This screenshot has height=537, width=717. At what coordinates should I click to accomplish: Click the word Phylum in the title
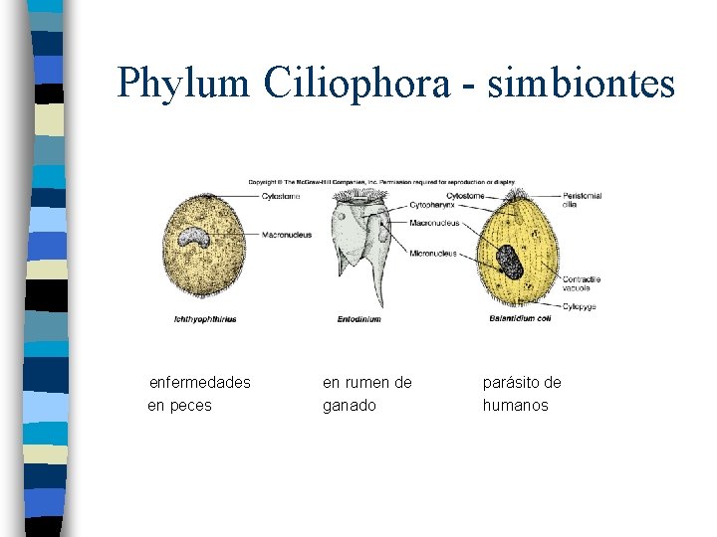181,83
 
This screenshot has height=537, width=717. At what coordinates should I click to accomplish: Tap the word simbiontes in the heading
582,83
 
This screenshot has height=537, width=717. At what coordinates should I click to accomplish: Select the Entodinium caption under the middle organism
358,319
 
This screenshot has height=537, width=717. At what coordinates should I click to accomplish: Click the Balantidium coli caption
520,319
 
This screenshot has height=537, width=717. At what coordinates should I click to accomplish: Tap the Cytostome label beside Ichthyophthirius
280,196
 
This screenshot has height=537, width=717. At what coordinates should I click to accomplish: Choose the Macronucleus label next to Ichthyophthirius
286,235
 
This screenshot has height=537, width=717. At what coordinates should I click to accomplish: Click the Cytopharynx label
434,206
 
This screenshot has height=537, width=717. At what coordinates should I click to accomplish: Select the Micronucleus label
433,254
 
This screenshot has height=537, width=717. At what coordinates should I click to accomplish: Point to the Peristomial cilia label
582,200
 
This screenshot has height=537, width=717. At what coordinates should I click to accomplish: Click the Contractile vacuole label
581,283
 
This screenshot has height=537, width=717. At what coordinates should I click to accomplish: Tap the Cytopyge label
579,307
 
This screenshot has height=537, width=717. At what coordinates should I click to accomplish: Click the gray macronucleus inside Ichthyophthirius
189,239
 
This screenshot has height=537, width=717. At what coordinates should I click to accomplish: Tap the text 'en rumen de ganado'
366,394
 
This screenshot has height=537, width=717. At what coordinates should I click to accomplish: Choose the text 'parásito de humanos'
522,394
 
